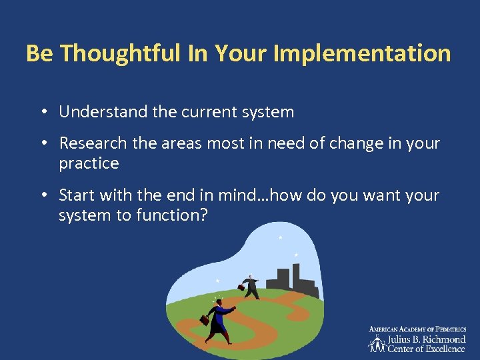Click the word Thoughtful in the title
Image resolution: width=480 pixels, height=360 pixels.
click(x=120, y=53)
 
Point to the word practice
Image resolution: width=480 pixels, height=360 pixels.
click(x=89, y=163)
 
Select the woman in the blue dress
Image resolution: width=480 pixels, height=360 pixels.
click(x=219, y=319)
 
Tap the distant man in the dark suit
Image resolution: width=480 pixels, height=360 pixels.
click(x=251, y=287)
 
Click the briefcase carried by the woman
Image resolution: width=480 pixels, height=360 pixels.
click(x=205, y=320)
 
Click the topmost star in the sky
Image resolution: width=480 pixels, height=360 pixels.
click(x=280, y=237)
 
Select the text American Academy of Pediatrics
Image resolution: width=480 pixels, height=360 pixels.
click(x=417, y=329)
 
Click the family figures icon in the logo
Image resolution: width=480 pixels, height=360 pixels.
click(x=377, y=343)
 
